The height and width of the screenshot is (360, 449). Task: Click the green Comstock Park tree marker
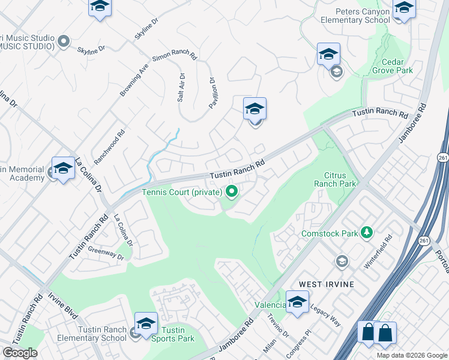pyautogui.click(x=366, y=232)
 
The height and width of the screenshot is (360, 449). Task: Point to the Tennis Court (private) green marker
pyautogui.click(x=231, y=192)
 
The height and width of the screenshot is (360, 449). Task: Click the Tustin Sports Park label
pyautogui.click(x=173, y=335)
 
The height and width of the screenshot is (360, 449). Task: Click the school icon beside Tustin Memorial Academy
pyautogui.click(x=62, y=169)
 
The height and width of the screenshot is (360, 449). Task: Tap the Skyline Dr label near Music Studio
pyautogui.click(x=97, y=49)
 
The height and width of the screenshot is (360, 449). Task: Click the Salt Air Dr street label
pyautogui.click(x=181, y=87)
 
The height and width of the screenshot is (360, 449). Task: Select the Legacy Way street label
pyautogui.click(x=325, y=315)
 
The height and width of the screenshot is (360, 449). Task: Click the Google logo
pyautogui.click(x=20, y=353)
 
